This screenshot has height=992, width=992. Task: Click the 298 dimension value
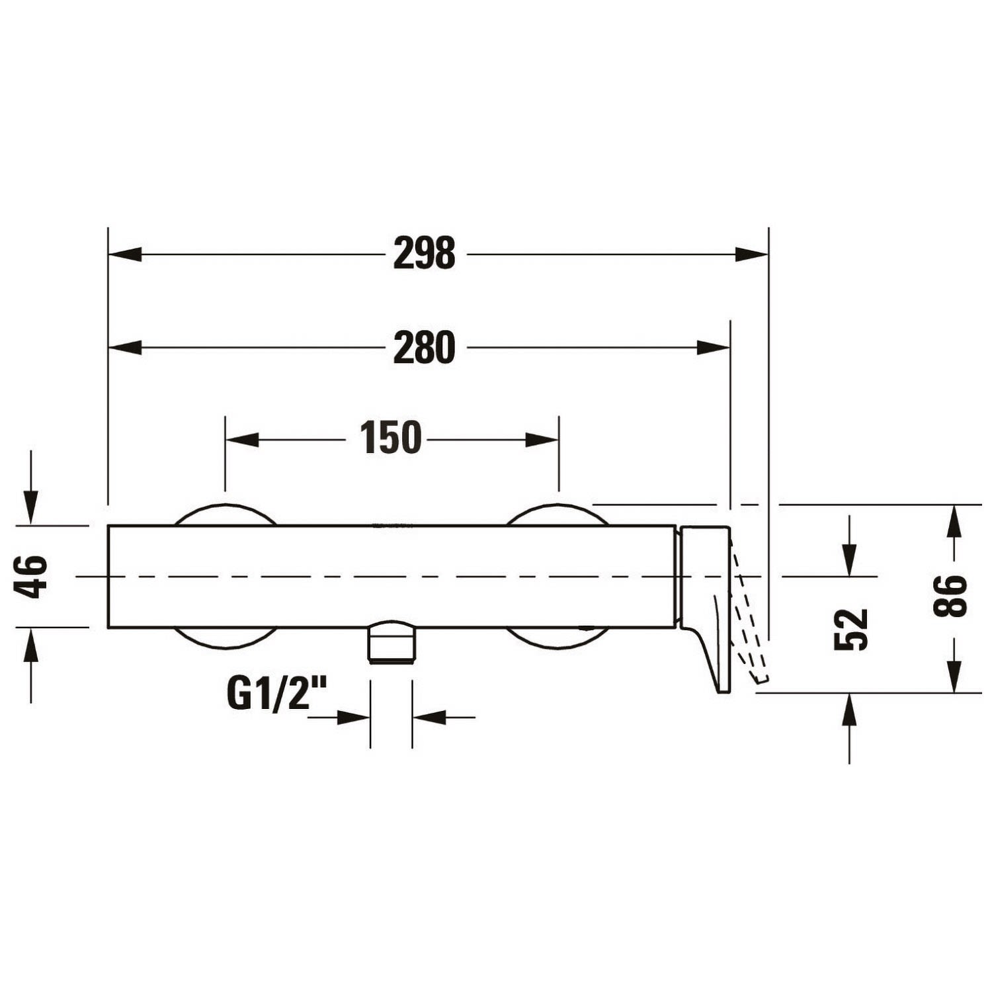click(x=424, y=253)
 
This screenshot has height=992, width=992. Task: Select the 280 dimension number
click(x=424, y=347)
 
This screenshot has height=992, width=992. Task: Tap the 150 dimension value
click(x=390, y=438)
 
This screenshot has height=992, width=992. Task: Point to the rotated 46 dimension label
click(x=32, y=577)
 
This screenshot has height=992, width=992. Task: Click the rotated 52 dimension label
click(x=850, y=629)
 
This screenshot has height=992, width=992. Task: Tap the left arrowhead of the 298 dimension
click(x=125, y=253)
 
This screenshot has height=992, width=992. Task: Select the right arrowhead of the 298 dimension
click(x=752, y=253)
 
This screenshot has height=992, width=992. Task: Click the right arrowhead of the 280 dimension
click(x=714, y=347)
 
